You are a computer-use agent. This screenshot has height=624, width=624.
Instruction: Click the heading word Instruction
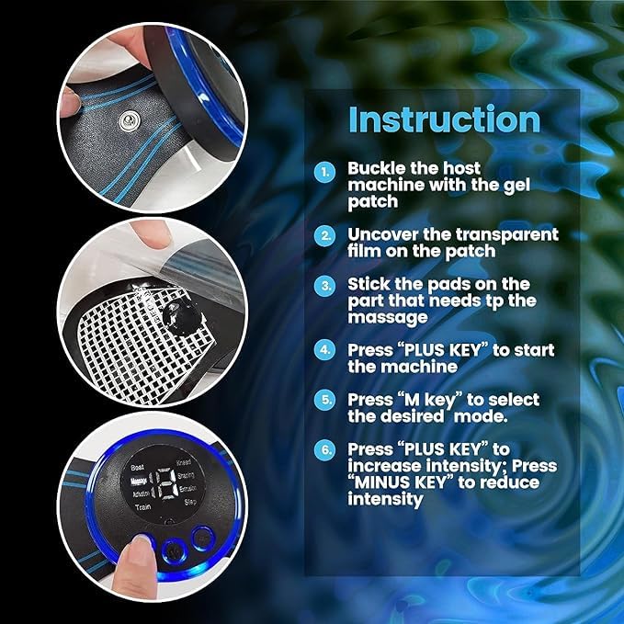[x=444, y=120]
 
